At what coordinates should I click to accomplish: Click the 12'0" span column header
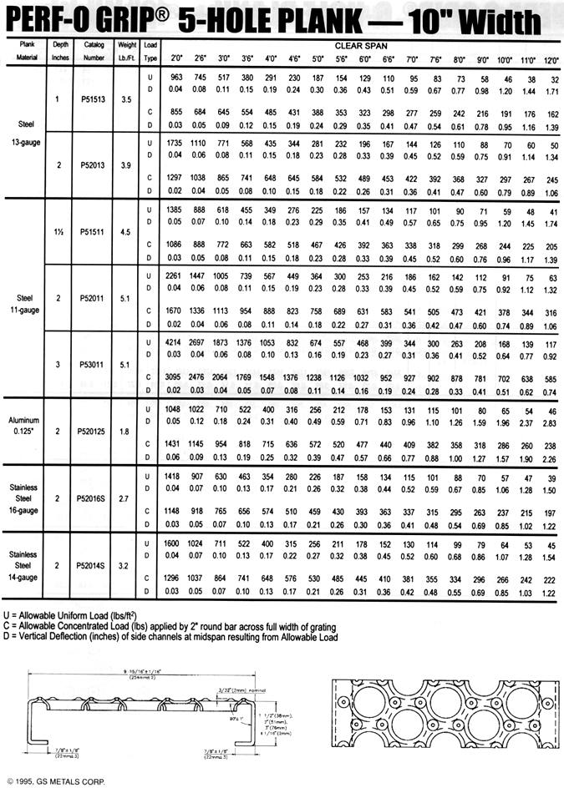(550, 59)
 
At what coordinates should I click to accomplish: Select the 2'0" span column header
(177, 59)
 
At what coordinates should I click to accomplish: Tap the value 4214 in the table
(175, 342)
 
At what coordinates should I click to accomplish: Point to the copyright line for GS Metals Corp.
(57, 780)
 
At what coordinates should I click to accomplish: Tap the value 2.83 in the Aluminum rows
(550, 422)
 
